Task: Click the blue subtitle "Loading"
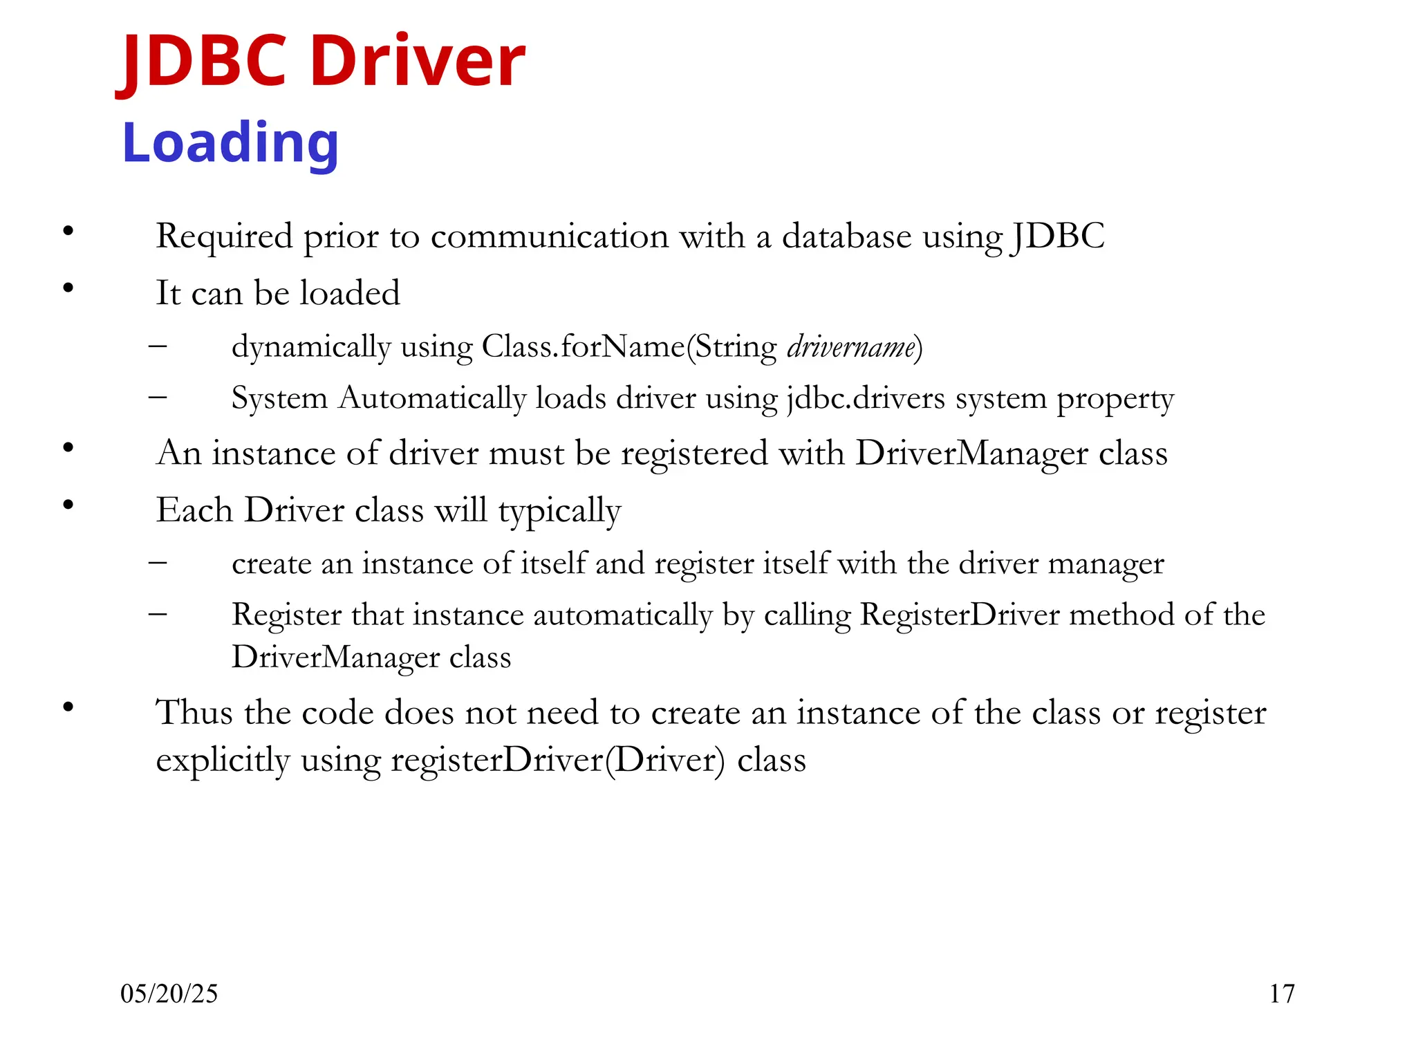tap(230, 143)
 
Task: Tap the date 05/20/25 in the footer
tap(169, 994)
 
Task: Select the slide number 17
tap(1281, 994)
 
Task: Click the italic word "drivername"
tap(851, 346)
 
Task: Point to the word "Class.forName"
tap(584, 346)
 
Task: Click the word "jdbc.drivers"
tap(866, 398)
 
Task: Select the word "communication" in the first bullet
tap(550, 236)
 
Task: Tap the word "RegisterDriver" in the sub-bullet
tap(960, 615)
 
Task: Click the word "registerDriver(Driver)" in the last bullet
tap(558, 760)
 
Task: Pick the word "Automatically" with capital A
tap(432, 398)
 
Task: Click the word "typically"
tap(559, 511)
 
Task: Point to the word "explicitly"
tap(223, 760)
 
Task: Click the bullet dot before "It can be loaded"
tap(68, 288)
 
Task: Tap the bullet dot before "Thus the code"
tap(68, 707)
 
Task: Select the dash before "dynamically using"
tap(158, 344)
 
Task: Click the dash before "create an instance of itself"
tap(158, 562)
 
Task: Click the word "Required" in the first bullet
tap(224, 236)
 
